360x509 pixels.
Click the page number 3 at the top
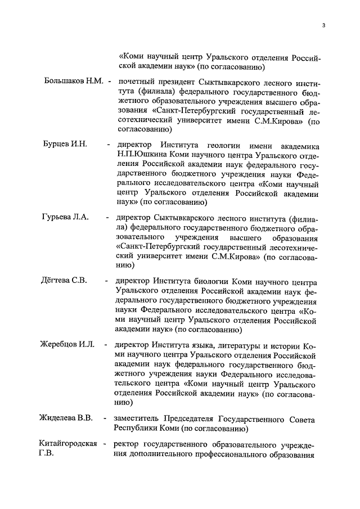[324, 25]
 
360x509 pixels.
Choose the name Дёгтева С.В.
[63, 281]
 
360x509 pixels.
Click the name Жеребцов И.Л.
[66, 344]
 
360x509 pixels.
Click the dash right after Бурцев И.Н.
[108, 145]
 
